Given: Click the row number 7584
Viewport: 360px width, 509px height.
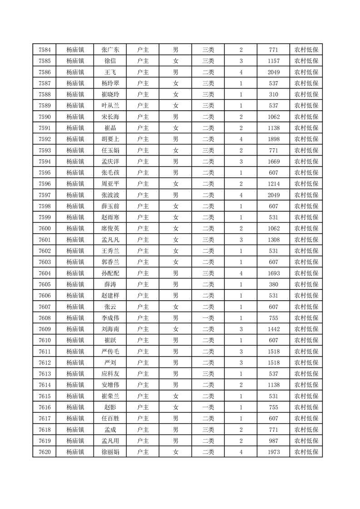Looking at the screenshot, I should click(44, 50).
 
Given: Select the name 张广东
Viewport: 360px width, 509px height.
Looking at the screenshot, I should click(110, 50).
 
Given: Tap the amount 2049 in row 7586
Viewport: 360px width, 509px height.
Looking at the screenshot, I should click(273, 72).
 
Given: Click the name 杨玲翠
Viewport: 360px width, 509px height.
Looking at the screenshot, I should click(110, 83).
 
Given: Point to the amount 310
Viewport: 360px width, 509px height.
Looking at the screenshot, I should click(273, 94).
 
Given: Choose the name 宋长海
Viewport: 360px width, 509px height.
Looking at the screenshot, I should click(110, 117).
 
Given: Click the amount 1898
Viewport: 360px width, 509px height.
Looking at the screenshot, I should click(273, 139).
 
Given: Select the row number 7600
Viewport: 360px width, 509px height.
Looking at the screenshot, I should click(44, 229).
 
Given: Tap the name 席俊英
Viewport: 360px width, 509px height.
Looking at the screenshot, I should click(110, 229).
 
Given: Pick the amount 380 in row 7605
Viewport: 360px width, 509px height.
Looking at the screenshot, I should click(273, 284).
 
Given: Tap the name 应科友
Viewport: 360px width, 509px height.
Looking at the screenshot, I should click(110, 374).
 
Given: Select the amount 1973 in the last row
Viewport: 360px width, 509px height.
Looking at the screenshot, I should click(273, 452).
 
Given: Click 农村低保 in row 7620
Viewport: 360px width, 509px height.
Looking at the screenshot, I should click(306, 452).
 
